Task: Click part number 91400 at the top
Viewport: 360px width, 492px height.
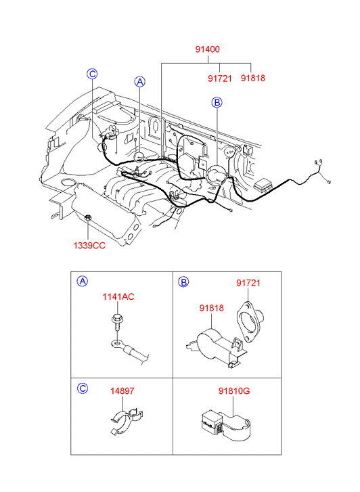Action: click(x=208, y=49)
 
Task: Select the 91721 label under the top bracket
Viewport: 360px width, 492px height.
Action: click(x=220, y=78)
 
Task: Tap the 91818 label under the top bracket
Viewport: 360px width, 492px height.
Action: click(x=253, y=78)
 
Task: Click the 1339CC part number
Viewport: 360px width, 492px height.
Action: click(x=89, y=246)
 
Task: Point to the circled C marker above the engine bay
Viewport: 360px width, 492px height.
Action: click(x=92, y=74)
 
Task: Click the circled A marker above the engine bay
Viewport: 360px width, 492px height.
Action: click(x=139, y=82)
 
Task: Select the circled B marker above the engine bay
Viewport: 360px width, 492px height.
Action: click(x=217, y=102)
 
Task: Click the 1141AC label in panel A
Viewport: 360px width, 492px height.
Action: click(x=118, y=296)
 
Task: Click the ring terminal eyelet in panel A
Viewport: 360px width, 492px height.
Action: click(x=117, y=344)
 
